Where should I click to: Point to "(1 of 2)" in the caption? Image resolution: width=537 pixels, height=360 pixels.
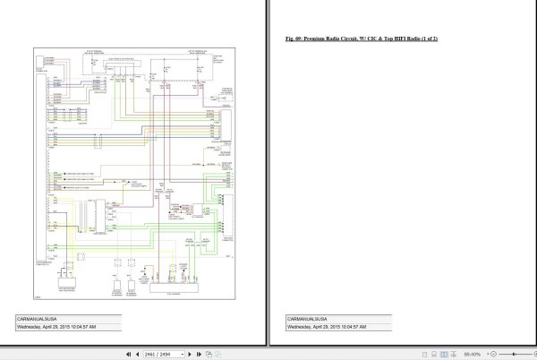tap(438, 40)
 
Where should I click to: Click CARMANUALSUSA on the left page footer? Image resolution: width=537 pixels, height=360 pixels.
tap(38, 319)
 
